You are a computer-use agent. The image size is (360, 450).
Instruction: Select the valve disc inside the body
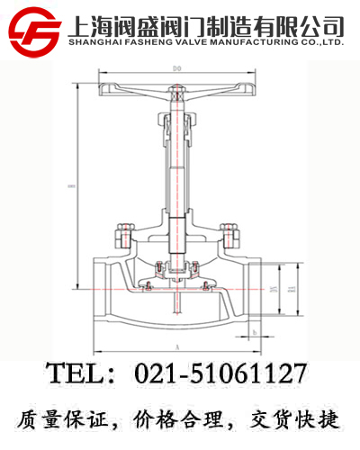coord(176,280)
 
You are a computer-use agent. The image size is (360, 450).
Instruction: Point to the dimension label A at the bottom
coord(176,346)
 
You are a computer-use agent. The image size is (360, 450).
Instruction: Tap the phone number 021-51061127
coord(220,373)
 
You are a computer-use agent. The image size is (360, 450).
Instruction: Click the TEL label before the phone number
coord(76,373)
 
